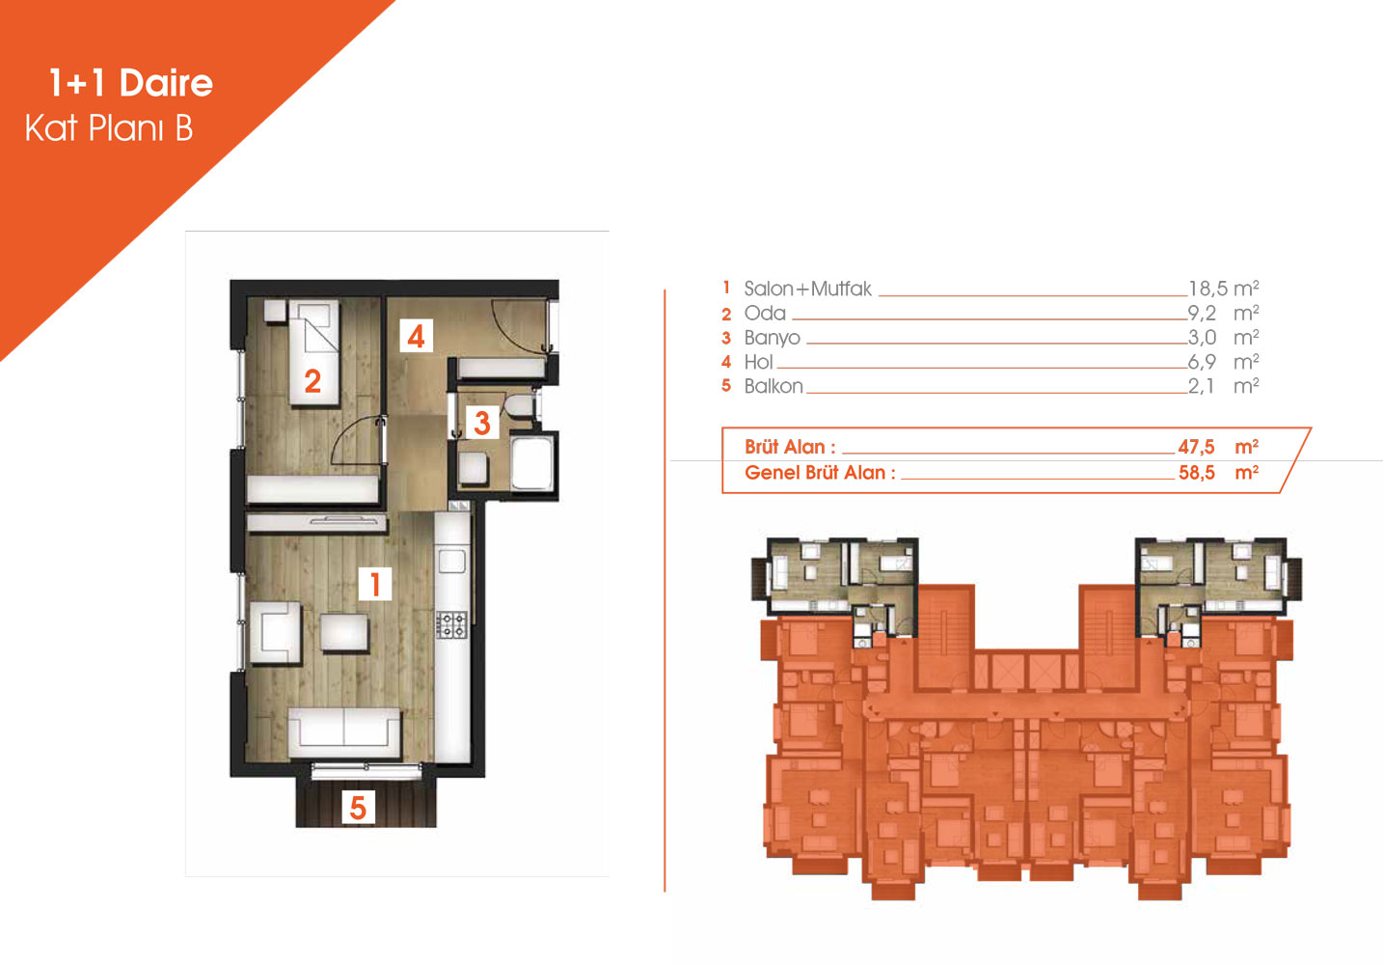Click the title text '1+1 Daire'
click(x=131, y=83)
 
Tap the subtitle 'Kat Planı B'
click(x=109, y=128)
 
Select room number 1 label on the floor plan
click(x=375, y=584)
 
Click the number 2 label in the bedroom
click(x=312, y=381)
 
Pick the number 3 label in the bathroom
click(x=481, y=423)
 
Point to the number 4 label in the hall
click(x=416, y=336)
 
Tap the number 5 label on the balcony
click(x=358, y=808)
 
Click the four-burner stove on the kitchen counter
click(x=452, y=624)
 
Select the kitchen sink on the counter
click(x=452, y=562)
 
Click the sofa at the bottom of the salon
click(x=344, y=732)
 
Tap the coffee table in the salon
click(x=344, y=631)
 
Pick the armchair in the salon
click(x=275, y=633)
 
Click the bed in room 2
click(x=314, y=352)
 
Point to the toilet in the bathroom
click(x=518, y=406)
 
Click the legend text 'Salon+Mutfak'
click(x=807, y=289)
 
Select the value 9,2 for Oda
click(x=1202, y=314)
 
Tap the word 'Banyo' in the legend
click(x=772, y=338)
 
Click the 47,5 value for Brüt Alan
click(x=1196, y=447)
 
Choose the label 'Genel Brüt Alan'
click(x=815, y=473)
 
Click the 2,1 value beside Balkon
click(x=1201, y=386)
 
